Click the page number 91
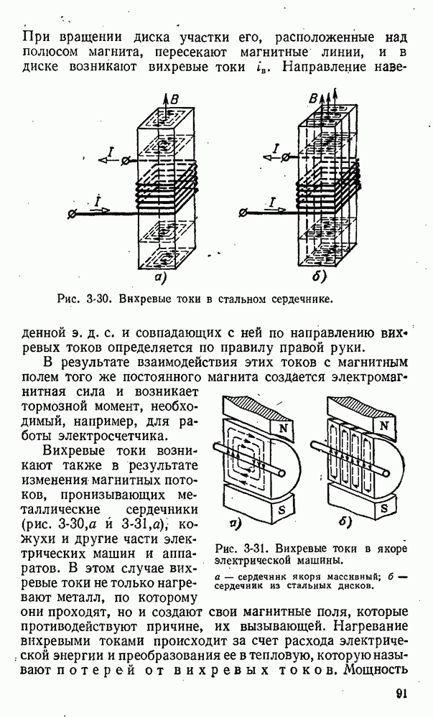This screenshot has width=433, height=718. pos(402,694)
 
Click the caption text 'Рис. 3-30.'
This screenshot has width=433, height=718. pos(80,298)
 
